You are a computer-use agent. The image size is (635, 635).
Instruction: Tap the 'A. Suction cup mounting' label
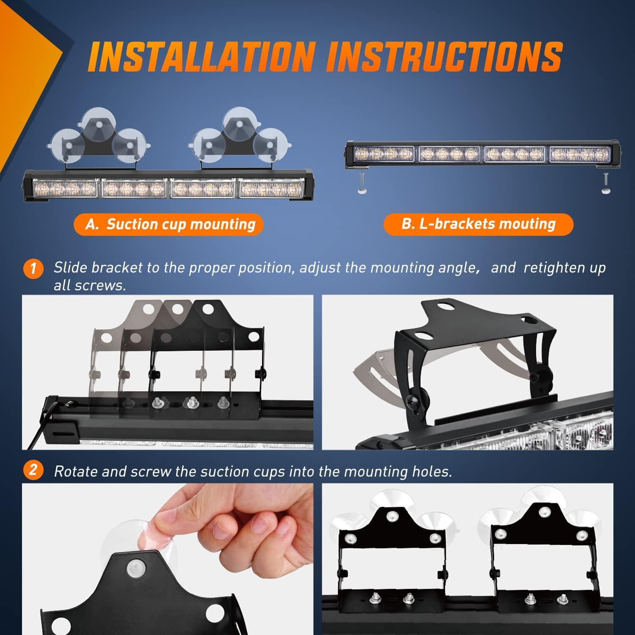(168, 224)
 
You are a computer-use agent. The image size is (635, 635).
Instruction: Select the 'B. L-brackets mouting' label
(478, 224)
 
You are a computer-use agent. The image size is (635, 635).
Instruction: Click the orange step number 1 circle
(34, 269)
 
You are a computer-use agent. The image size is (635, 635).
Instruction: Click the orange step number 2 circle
(34, 470)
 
